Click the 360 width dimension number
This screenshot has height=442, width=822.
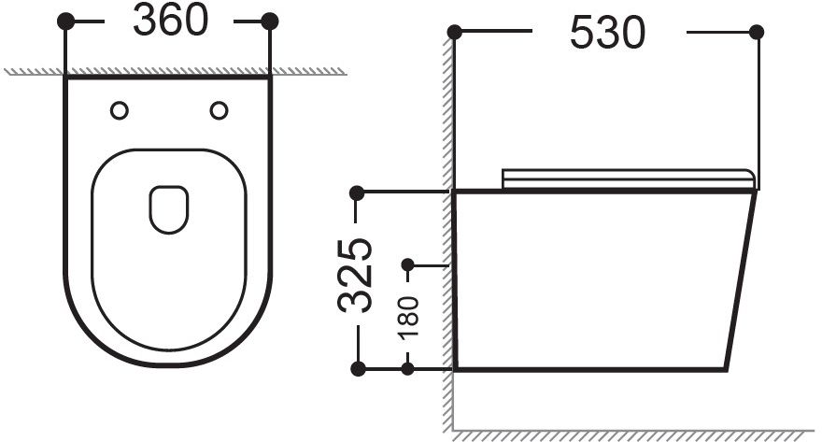tap(170, 21)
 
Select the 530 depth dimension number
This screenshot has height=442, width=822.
tap(607, 33)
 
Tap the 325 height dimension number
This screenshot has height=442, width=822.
tap(356, 276)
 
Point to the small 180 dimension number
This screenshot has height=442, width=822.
tap(409, 318)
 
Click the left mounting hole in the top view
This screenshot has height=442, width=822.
tap(120, 110)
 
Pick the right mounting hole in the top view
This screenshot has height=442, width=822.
tap(219, 110)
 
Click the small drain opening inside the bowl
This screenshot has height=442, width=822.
tap(169, 209)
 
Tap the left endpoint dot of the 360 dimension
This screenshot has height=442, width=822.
tap(65, 21)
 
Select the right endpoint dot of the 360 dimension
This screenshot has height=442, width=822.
tap(269, 21)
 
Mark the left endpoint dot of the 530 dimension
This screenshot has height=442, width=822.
tap(455, 33)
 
